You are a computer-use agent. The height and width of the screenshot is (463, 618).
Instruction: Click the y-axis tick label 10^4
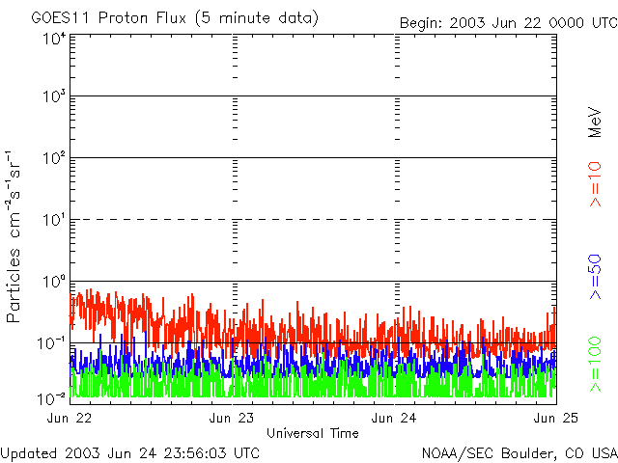(x=54, y=40)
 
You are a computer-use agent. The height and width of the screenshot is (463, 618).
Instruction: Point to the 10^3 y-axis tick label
(x=54, y=98)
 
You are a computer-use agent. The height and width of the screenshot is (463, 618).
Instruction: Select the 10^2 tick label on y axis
(x=54, y=160)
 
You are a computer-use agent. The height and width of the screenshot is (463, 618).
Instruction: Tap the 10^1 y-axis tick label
(x=54, y=221)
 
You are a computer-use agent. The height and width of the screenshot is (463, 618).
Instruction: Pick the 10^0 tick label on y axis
(x=54, y=283)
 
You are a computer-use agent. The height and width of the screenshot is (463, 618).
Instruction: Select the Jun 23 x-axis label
(x=232, y=418)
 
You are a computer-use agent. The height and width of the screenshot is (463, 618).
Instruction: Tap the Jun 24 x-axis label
(x=394, y=418)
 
